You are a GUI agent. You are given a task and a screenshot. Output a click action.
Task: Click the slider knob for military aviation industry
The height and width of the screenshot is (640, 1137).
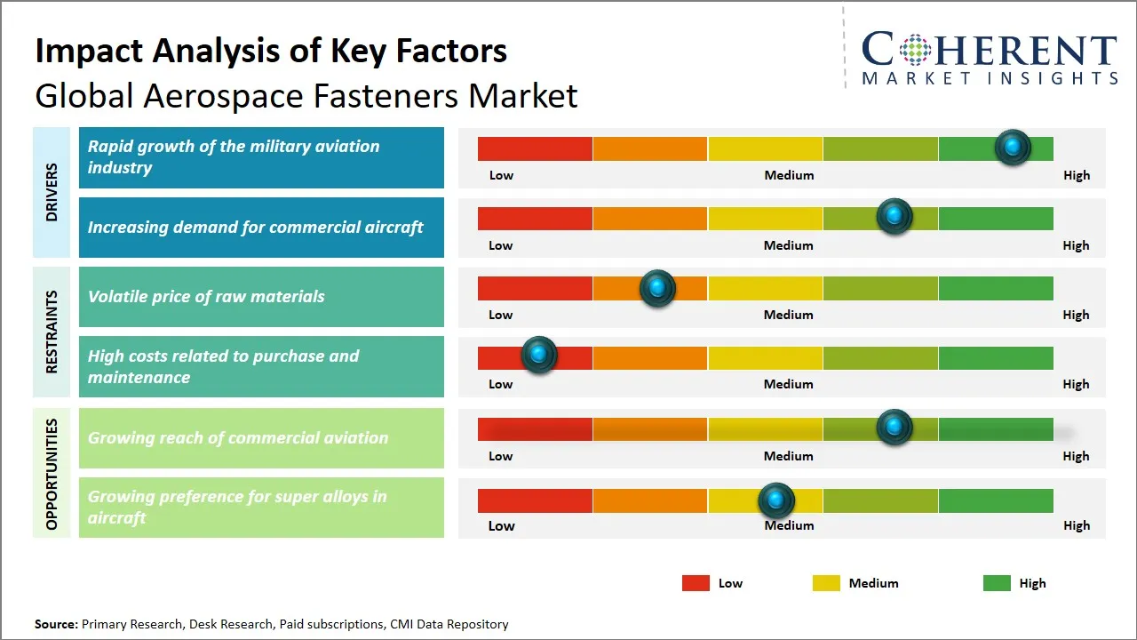1013,147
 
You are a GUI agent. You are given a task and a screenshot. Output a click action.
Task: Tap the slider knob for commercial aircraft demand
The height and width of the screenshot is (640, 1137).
894,216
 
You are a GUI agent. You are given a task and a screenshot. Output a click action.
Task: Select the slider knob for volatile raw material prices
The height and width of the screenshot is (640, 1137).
657,288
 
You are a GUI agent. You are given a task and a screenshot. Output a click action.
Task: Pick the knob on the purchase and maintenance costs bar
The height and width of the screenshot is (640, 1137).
538,355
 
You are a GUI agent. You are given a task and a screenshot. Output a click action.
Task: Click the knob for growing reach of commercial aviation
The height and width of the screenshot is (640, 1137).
894,428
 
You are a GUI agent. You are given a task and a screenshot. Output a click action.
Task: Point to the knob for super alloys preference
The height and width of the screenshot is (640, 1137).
776,501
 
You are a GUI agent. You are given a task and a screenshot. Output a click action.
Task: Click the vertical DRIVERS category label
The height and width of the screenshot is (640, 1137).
52,192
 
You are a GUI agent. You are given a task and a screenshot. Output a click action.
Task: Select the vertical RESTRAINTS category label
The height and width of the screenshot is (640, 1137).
52,332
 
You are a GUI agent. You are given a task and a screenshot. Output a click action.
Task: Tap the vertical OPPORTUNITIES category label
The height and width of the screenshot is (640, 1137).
52,474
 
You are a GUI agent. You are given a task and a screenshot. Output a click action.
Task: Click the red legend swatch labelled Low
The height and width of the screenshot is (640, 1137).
696,583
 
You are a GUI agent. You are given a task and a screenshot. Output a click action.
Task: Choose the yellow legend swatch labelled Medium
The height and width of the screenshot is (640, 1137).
826,583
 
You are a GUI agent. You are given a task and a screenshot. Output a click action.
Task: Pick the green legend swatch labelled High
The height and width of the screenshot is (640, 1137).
997,583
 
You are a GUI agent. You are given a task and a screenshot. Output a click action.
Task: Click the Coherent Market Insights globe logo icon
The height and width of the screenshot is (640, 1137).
914,50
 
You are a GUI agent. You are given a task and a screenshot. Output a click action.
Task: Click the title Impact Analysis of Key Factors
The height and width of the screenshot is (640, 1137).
271,51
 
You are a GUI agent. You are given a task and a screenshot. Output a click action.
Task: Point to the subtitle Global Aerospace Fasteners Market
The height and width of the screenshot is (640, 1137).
306,95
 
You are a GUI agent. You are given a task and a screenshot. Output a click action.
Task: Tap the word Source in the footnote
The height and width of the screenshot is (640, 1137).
55,624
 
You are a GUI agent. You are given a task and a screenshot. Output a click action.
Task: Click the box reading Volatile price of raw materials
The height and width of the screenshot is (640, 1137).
261,297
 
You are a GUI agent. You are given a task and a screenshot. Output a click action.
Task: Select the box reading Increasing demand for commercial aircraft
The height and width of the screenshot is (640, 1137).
261,228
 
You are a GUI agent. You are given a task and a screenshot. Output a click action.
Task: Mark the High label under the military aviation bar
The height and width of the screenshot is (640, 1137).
1076,175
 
